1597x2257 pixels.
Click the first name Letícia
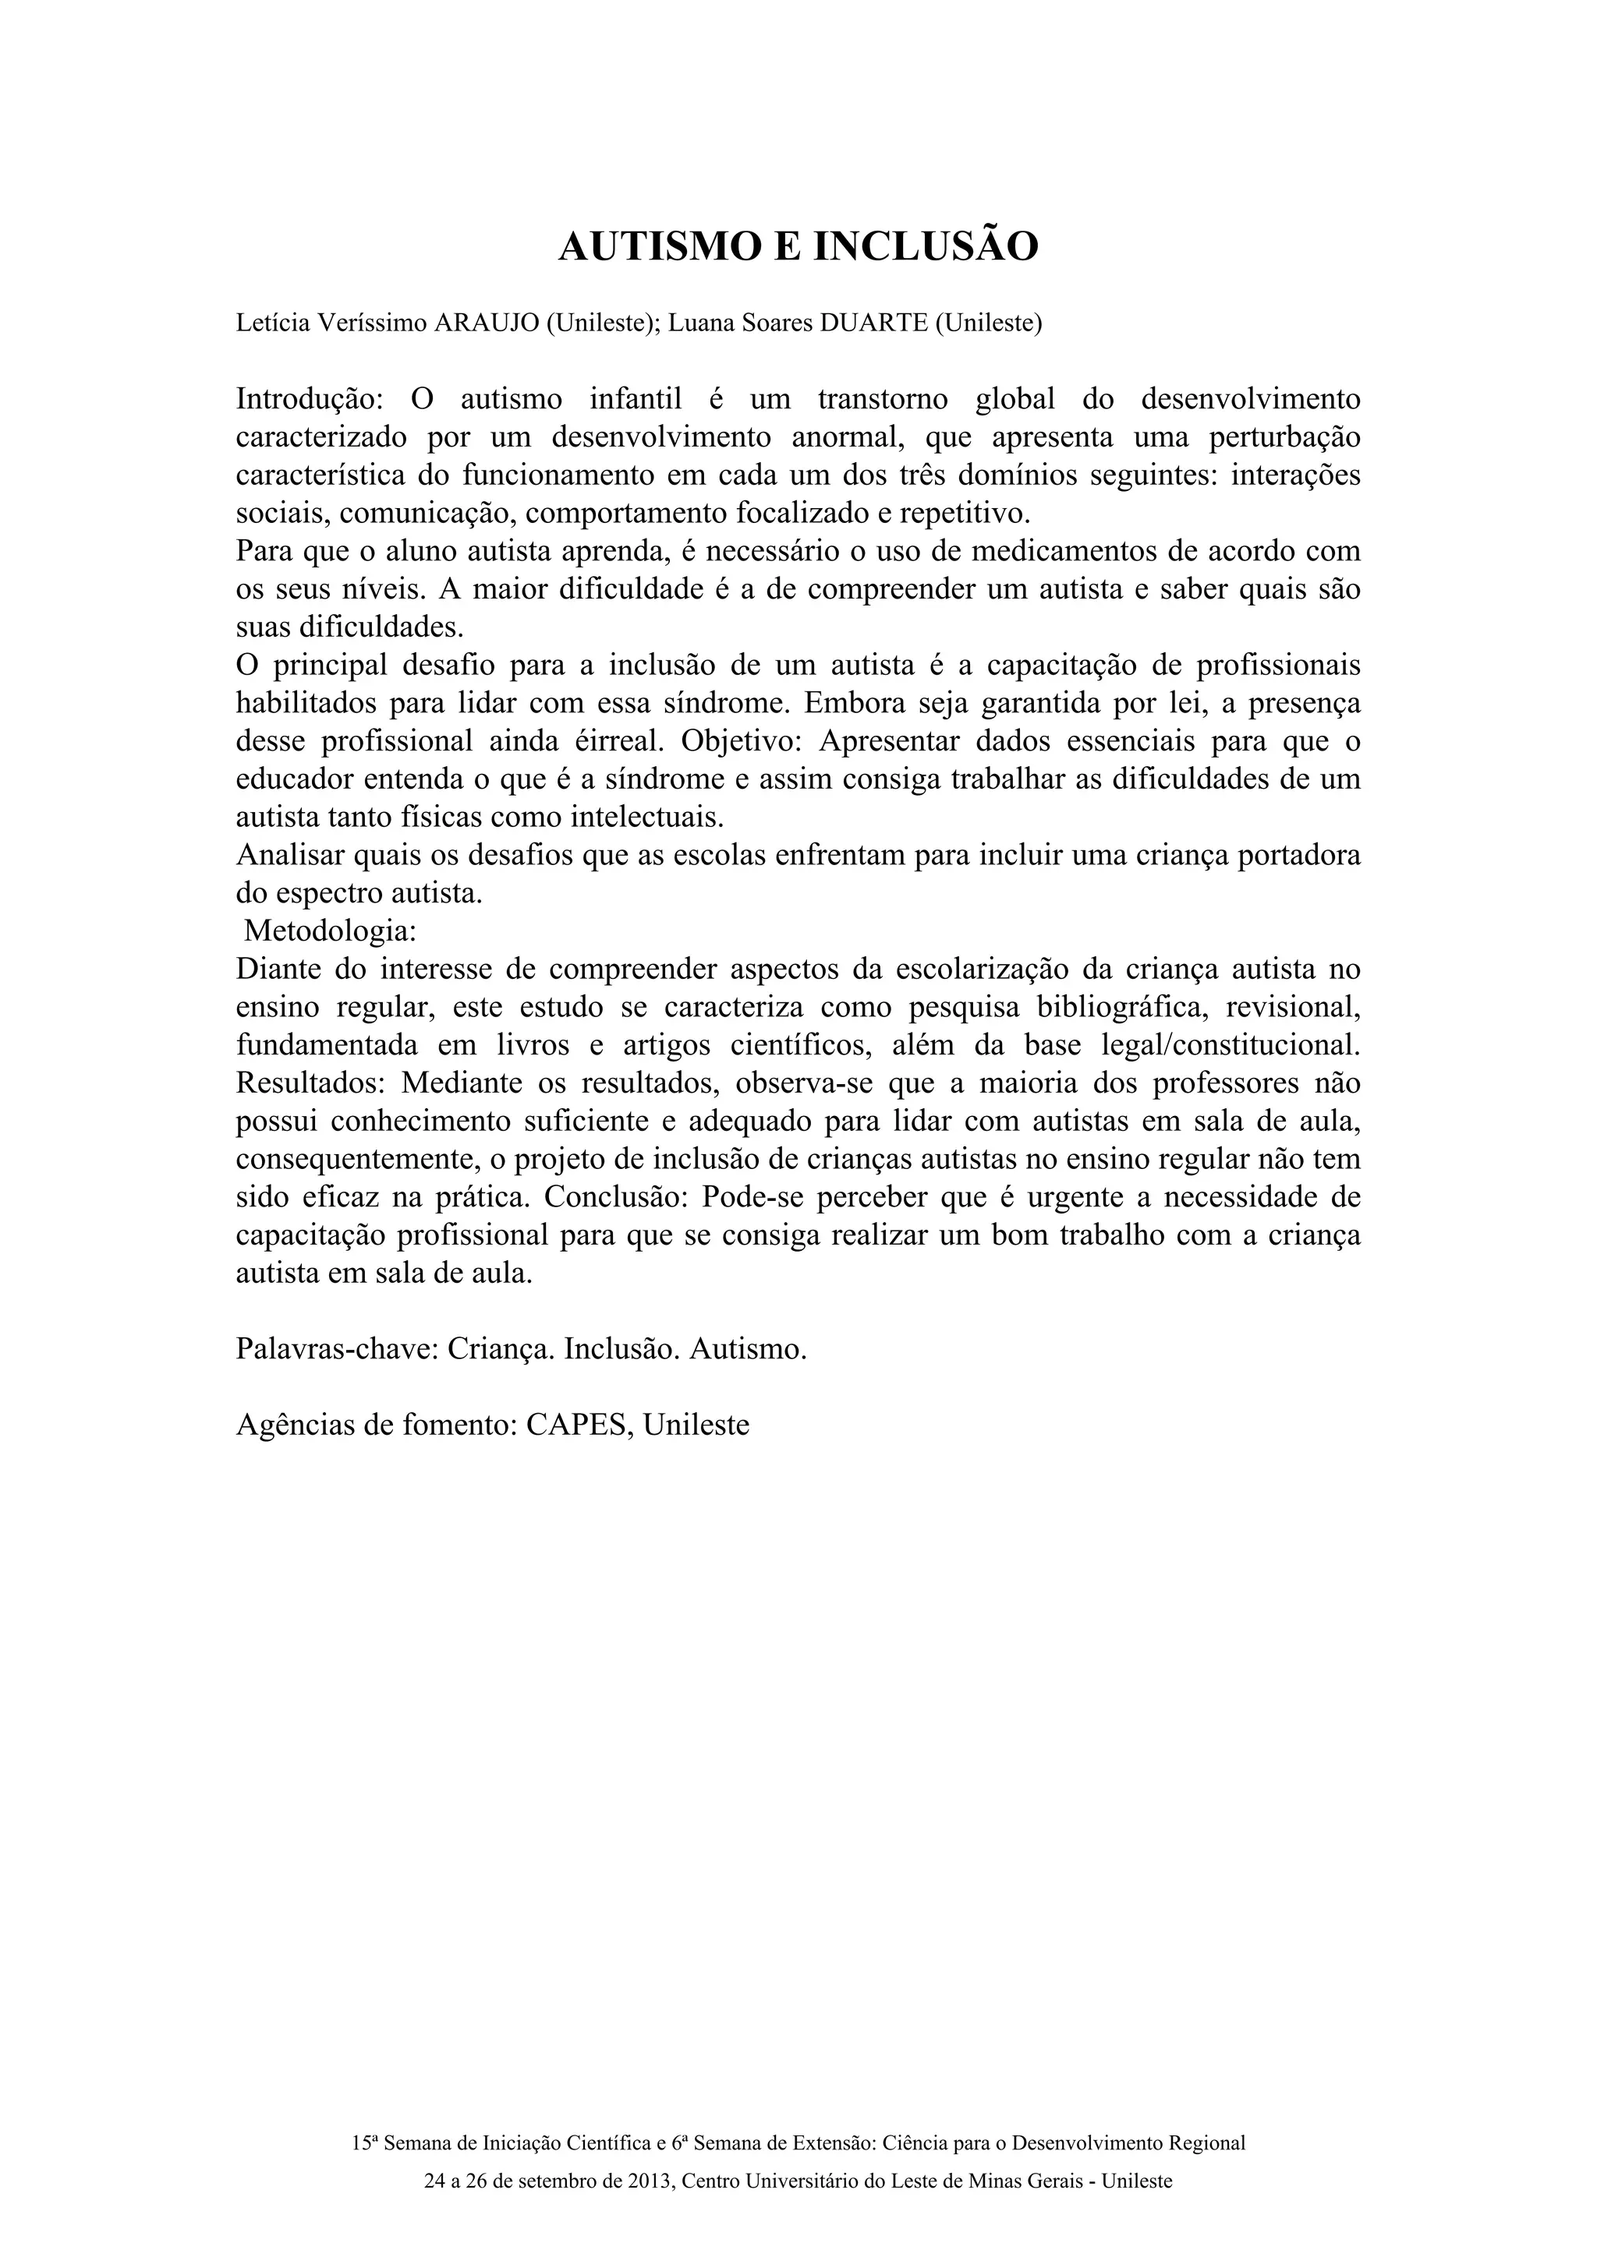[272, 323]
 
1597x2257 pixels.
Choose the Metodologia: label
[331, 930]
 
